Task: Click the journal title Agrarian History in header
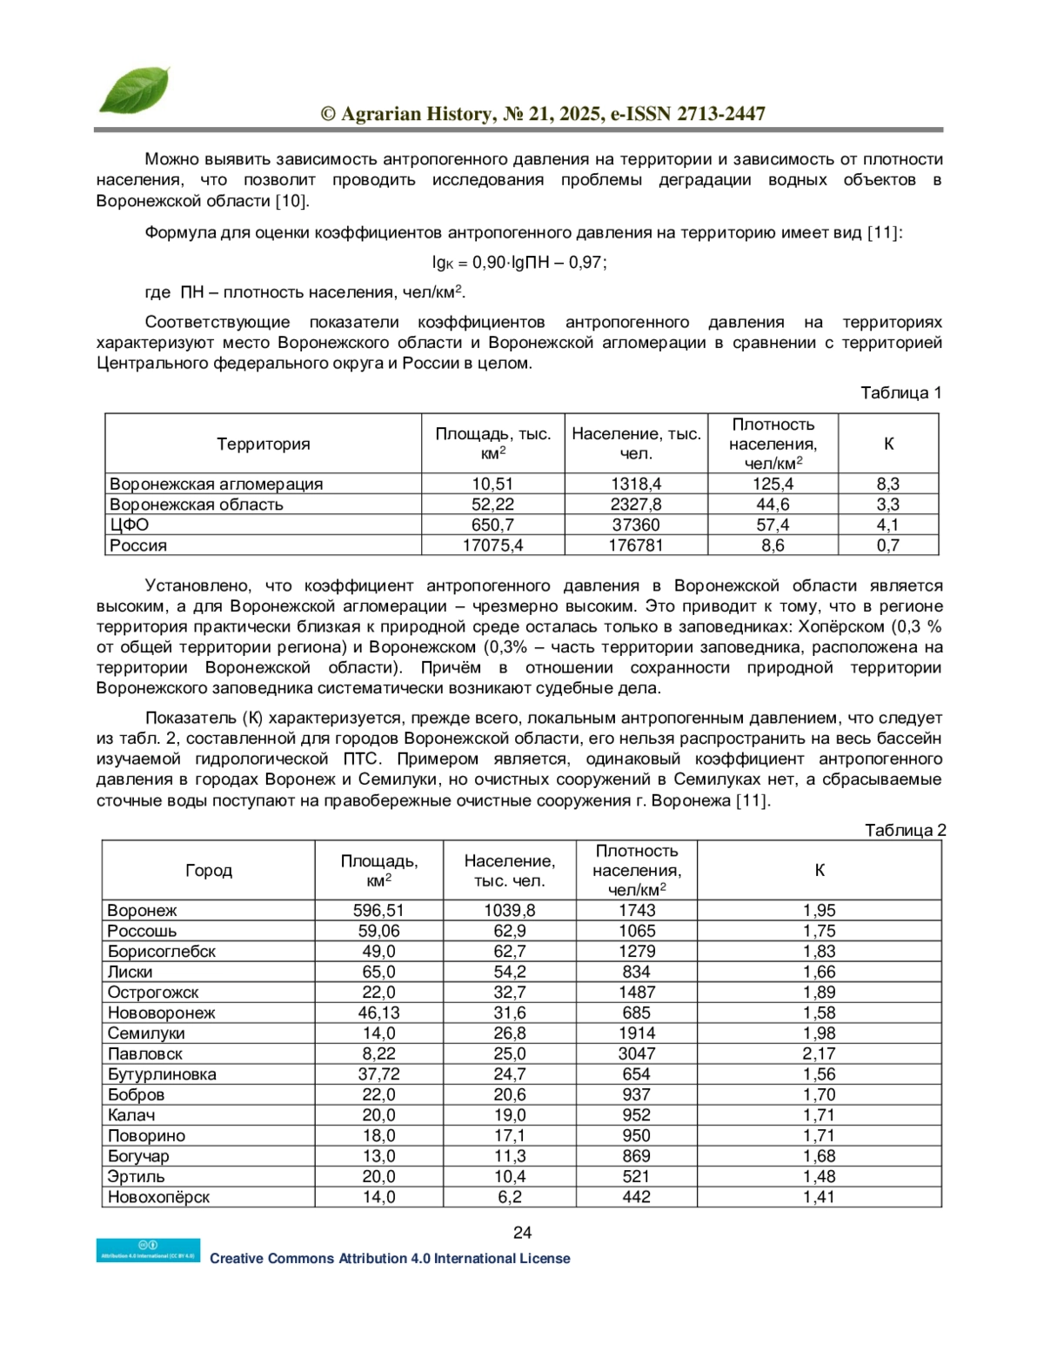543,114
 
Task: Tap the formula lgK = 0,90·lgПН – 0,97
519,262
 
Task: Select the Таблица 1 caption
900,392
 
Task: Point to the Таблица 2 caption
905,830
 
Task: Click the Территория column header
263,444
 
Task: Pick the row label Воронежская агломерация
216,484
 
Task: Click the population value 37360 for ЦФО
636,525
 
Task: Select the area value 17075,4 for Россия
492,545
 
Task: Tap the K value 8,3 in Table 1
887,484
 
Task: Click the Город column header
209,870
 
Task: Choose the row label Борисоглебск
162,951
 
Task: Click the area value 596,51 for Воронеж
378,910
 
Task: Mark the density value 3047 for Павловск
636,1053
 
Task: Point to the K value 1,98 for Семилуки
819,1033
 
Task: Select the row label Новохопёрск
158,1197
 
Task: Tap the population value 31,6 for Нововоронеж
509,1013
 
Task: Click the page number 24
522,1232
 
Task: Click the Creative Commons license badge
148,1250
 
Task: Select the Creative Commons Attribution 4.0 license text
390,1258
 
